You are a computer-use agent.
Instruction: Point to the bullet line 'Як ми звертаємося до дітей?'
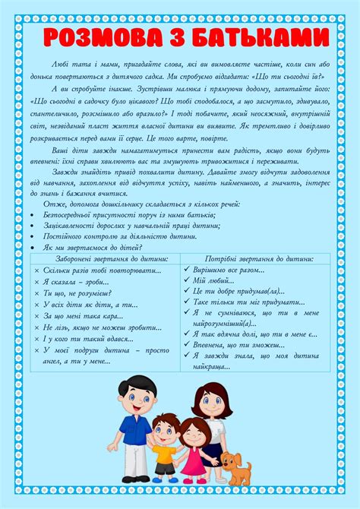[x=94, y=248]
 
